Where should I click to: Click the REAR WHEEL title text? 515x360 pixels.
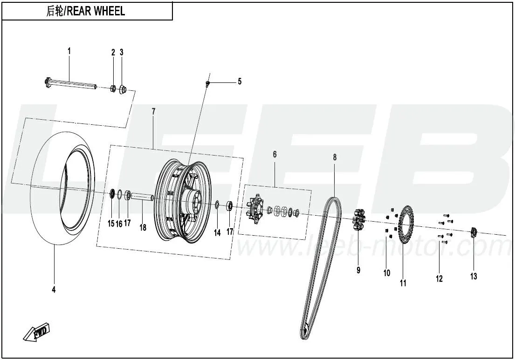(x=87, y=11)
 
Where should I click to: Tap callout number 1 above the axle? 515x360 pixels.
(x=69, y=51)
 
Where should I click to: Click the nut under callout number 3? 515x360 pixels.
(x=123, y=88)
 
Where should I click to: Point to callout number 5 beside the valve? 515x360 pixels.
(x=240, y=82)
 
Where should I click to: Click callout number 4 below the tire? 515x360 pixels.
(x=54, y=289)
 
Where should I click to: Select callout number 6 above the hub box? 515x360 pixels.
(x=275, y=154)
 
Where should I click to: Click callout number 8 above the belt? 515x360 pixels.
(x=335, y=157)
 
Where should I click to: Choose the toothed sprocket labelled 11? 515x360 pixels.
(x=404, y=223)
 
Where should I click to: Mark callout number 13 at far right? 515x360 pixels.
(x=474, y=277)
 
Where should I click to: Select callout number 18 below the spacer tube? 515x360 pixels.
(x=143, y=228)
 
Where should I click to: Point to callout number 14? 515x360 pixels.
(x=217, y=233)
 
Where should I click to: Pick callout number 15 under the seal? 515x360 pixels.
(x=111, y=224)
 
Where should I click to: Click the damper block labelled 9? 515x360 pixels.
(x=358, y=219)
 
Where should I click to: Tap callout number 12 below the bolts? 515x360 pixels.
(x=439, y=278)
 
